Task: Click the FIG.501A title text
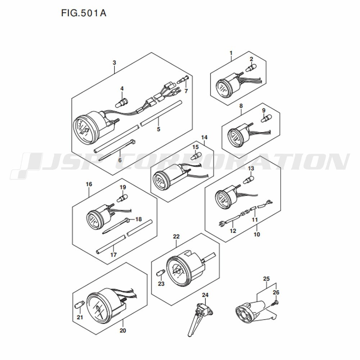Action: point(84,13)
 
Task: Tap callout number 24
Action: point(205,295)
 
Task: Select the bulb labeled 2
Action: point(251,68)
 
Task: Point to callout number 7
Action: point(186,91)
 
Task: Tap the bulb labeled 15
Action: point(196,156)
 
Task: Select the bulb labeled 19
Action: point(122,198)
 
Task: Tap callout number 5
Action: point(158,129)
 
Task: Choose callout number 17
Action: point(113,255)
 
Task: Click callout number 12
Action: point(233,231)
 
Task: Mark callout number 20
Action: point(123,330)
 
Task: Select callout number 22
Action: point(176,237)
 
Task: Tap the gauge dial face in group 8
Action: point(234,137)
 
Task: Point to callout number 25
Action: point(266,279)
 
